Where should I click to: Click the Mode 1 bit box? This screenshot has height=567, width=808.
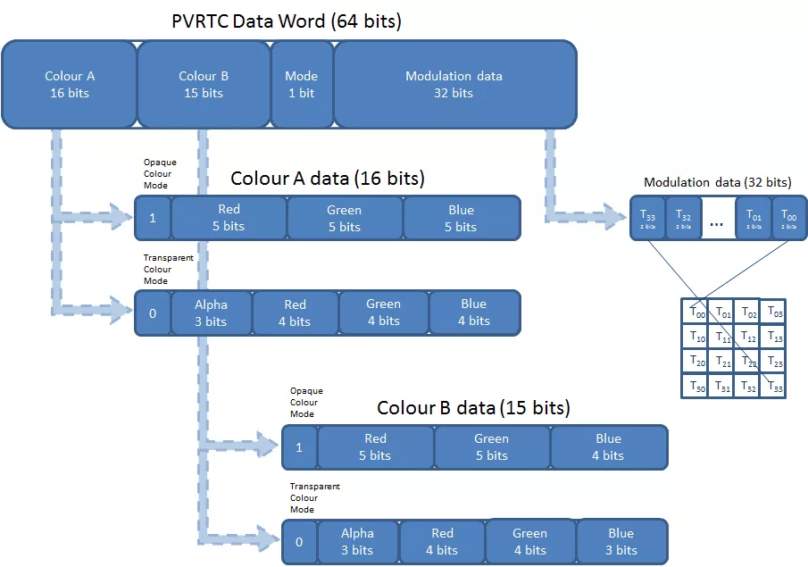click(301, 84)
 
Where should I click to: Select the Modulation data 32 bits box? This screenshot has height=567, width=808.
click(454, 84)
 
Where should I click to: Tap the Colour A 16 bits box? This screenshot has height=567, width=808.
click(69, 84)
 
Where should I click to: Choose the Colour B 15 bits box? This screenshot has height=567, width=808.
click(203, 84)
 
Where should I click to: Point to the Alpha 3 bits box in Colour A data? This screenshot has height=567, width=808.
click(211, 313)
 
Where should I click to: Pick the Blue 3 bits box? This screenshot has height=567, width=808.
click(621, 541)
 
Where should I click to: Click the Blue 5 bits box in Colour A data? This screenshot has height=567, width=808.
click(461, 218)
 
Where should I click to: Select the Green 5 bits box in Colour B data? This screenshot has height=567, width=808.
click(491, 446)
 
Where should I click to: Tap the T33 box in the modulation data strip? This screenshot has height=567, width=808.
click(647, 219)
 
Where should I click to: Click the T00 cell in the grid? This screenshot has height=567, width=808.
click(693, 312)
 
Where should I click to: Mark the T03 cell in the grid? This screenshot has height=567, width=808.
click(773, 312)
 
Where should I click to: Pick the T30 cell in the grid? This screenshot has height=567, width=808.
click(693, 387)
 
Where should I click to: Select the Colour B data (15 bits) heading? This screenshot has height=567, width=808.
click(473, 408)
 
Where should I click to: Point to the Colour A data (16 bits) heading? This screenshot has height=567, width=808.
click(327, 179)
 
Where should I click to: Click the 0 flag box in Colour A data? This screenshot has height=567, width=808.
click(153, 313)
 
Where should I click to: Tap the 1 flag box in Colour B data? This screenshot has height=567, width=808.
click(299, 446)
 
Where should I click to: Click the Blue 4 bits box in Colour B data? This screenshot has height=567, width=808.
click(608, 446)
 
